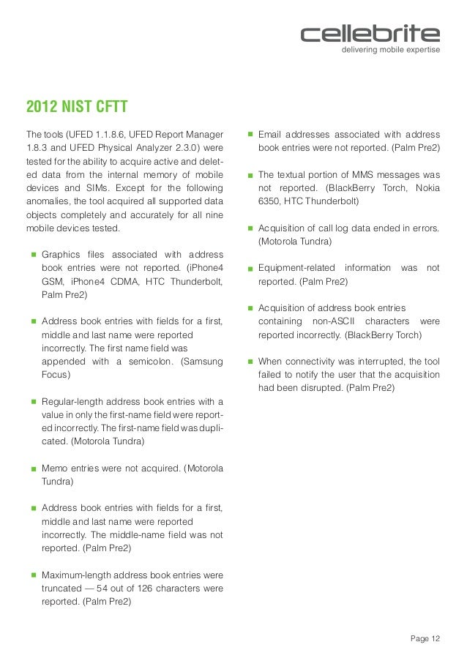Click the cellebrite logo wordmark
coord(370,34)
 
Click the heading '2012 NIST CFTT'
coord(77,108)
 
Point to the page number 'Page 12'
coord(425,639)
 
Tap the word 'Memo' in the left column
coord(56,468)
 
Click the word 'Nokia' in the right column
coord(426,188)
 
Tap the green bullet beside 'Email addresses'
coord(250,135)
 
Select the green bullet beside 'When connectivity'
coord(250,362)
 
